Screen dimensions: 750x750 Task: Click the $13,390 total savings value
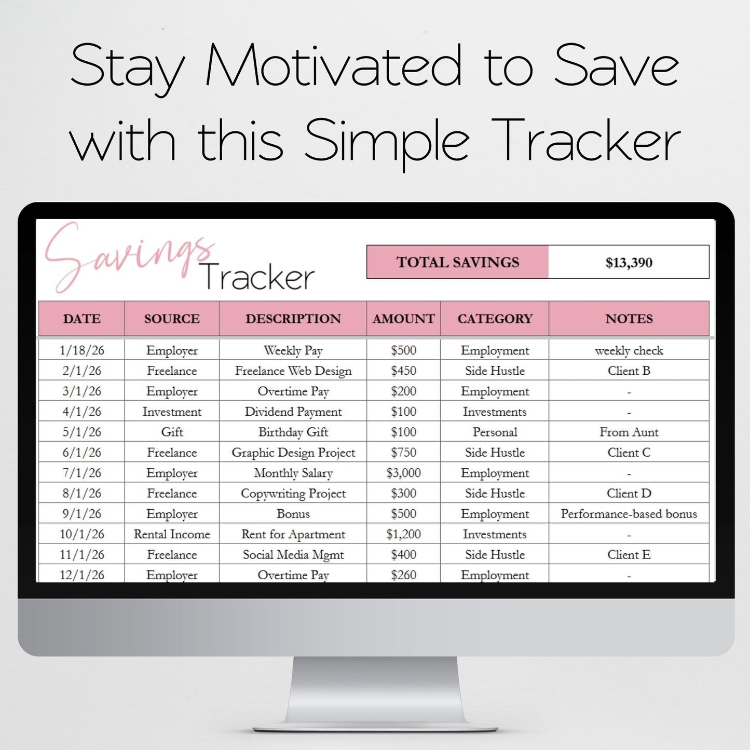629,263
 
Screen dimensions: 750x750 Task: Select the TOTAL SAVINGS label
458,262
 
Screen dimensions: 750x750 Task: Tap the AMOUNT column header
403,319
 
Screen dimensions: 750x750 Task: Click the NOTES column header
629,319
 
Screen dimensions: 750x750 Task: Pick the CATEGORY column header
495,319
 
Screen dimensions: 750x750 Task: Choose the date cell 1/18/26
82,350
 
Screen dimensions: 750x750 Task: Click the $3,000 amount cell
403,473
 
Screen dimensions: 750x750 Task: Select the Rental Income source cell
172,534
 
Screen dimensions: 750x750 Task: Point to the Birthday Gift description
293,432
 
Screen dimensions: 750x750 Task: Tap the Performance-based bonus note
629,514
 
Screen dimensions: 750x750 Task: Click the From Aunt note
629,432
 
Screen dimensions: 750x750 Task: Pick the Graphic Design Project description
293,453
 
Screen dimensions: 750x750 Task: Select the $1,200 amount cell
403,534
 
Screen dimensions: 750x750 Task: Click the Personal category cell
495,432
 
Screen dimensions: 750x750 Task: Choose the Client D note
629,493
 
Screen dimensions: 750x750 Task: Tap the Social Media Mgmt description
293,555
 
